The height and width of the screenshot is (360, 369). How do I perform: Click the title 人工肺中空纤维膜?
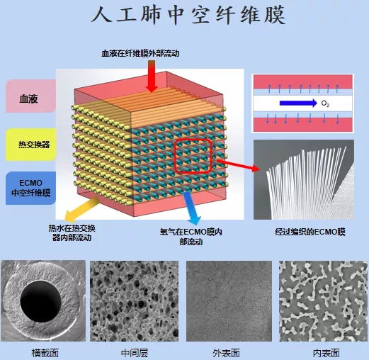coord(188,16)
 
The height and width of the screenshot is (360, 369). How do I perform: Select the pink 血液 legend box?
coord(30,96)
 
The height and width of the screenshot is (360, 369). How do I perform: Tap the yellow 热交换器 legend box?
coord(31,145)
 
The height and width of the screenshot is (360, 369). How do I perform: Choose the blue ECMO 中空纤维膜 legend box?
coord(30,188)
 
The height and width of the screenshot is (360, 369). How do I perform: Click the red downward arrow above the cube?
coord(152,76)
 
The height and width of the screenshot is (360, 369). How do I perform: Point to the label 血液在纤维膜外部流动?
coord(140,53)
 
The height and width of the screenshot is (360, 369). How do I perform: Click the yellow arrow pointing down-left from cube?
coord(82,209)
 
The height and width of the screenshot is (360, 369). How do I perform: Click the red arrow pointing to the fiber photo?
coord(238,165)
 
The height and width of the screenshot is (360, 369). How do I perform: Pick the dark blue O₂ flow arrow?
coord(298,103)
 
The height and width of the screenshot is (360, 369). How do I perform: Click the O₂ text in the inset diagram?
coord(325,103)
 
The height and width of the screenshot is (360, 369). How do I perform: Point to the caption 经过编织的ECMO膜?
coord(310,232)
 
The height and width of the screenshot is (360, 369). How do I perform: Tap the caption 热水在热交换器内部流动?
coord(72,232)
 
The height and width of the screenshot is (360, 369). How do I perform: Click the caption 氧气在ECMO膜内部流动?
coord(191,237)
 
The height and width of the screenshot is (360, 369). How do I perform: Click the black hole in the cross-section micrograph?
coord(41,301)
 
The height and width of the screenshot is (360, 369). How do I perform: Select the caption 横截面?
coord(45,353)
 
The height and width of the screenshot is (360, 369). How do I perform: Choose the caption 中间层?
coord(135,353)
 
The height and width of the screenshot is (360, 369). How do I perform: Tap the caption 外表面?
coord(226,353)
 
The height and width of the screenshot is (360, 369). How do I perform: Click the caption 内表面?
coord(327,353)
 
